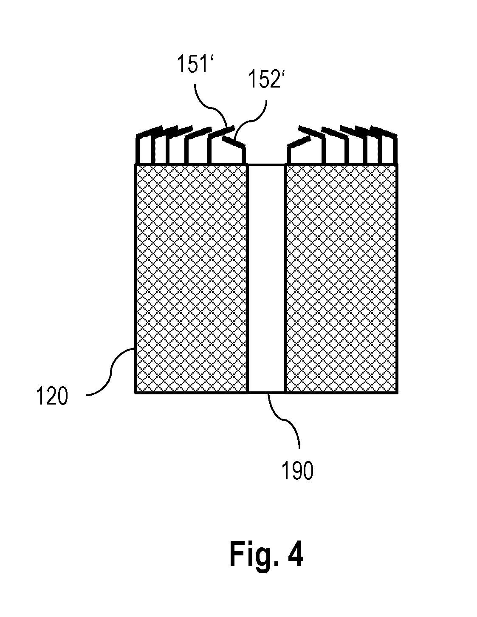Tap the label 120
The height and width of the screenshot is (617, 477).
(x=52, y=396)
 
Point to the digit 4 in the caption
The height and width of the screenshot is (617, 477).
(x=295, y=554)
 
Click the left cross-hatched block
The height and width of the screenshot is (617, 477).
(x=191, y=279)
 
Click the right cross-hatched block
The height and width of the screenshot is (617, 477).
(x=341, y=279)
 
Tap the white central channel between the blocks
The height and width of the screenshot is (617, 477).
(x=266, y=279)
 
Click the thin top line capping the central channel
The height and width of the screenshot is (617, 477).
(x=266, y=164)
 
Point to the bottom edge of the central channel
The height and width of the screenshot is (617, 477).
(x=266, y=393)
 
